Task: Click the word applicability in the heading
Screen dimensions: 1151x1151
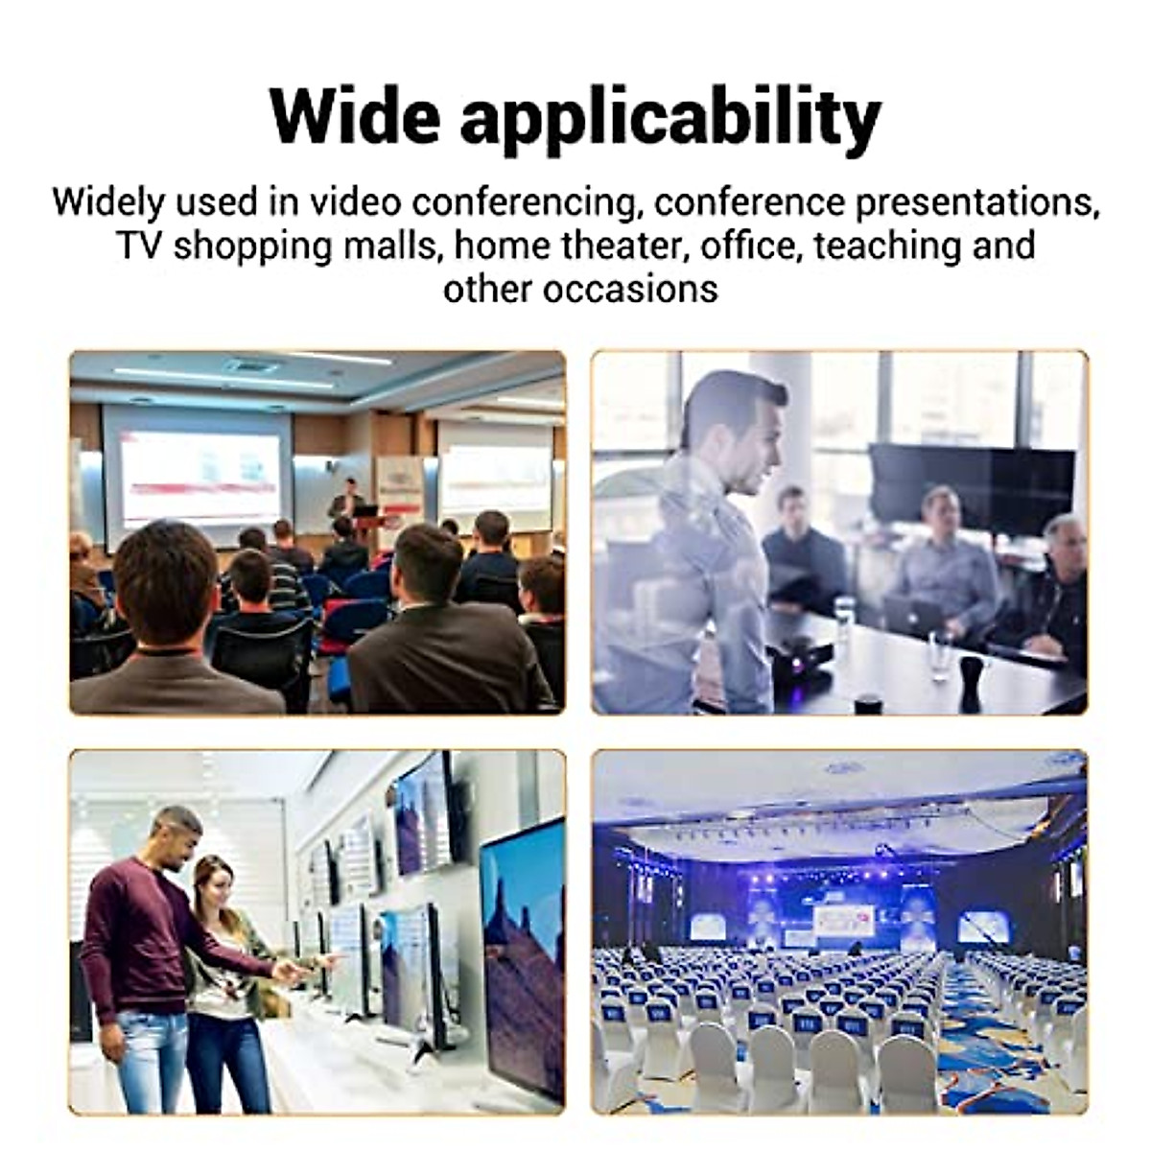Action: [669, 120]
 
